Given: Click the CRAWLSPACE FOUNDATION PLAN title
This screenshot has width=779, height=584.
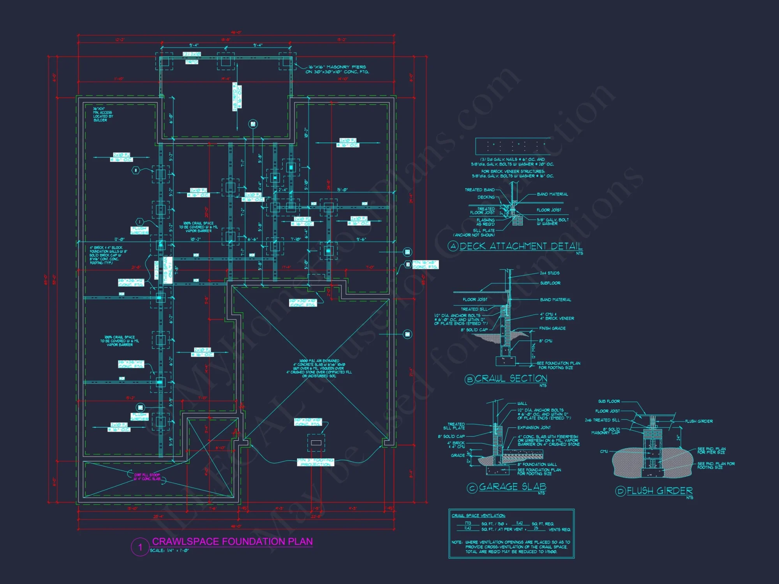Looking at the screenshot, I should [232, 542].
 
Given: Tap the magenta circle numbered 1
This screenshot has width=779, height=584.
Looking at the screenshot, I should [140, 547].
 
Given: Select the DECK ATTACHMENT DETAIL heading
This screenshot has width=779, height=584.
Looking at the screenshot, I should [521, 246].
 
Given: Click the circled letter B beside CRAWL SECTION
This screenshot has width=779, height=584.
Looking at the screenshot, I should [470, 379].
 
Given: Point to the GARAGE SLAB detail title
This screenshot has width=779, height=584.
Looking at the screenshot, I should [512, 487].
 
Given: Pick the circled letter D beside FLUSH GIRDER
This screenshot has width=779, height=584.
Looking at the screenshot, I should [620, 491].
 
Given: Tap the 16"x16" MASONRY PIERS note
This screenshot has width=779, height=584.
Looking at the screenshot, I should [338, 69].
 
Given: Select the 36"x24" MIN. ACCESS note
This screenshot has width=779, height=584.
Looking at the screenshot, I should [103, 114].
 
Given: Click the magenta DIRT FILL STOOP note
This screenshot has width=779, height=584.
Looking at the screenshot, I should [147, 477].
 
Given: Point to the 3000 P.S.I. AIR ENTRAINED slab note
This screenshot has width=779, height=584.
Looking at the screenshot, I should [319, 368].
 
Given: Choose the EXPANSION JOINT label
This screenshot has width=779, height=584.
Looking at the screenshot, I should [534, 427].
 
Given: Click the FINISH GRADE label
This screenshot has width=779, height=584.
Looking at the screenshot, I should [552, 328].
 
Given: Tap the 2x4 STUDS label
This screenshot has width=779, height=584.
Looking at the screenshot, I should [550, 273].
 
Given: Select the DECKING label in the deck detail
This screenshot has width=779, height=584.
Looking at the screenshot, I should [486, 197].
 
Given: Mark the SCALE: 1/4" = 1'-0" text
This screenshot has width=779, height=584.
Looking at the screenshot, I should [169, 551].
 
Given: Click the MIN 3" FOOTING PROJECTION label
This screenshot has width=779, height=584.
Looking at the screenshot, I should [315, 462].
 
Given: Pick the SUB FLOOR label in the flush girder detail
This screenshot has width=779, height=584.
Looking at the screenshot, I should [609, 401].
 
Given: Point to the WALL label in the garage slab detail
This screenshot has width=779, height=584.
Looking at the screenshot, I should [522, 403].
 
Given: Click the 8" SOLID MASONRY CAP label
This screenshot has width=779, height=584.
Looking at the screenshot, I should [606, 431].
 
